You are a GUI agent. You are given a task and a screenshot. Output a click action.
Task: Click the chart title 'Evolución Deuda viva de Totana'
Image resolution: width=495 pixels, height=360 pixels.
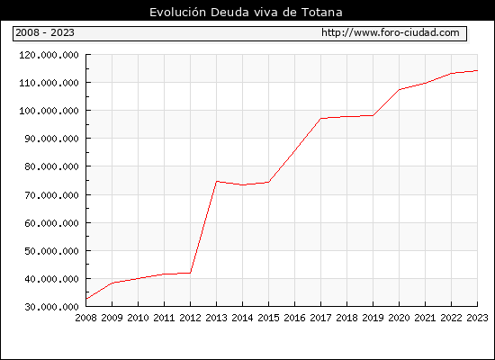coord(246,12)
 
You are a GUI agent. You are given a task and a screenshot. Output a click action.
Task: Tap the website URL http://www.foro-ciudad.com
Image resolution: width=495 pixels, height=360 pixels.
coord(391,32)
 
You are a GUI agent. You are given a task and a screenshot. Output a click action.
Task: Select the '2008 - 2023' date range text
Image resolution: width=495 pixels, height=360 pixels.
coord(45,32)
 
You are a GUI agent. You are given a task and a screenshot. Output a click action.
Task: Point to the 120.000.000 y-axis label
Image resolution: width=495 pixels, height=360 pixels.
coord(49,55)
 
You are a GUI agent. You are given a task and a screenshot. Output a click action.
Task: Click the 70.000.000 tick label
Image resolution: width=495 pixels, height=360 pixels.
coord(51,195)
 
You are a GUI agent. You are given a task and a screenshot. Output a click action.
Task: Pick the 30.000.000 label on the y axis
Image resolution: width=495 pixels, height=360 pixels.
coord(51,307)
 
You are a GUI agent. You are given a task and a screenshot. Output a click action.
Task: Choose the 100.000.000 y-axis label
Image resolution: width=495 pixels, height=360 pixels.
coord(49,111)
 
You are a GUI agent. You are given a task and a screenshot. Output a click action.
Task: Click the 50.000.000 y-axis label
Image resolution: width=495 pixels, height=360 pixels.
coord(51,251)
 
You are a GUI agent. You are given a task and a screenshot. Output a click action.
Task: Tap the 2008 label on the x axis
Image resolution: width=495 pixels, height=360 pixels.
coord(85,318)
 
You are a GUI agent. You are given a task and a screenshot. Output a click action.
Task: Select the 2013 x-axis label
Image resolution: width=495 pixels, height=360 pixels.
coord(216,318)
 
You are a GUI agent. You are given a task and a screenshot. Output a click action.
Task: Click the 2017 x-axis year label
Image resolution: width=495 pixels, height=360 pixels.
coord(320,318)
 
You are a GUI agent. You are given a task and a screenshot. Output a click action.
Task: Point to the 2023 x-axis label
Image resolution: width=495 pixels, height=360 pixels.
coord(477,318)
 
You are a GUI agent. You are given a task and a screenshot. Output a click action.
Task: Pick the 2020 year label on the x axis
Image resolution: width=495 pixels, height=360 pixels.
coord(399,318)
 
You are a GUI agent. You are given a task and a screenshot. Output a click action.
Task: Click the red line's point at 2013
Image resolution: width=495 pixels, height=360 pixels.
coord(217,181)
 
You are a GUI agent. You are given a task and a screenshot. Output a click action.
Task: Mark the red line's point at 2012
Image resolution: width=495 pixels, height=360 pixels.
coord(191,273)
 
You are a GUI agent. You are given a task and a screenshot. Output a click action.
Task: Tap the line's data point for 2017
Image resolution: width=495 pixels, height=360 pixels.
coord(320,119)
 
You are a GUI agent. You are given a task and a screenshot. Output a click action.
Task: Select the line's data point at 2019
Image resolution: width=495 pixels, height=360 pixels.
coord(373,115)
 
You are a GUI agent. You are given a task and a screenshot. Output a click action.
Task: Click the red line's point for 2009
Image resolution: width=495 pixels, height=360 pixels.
coord(112,283)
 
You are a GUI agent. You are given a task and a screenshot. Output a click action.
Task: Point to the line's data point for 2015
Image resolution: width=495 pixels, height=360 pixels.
coord(269,182)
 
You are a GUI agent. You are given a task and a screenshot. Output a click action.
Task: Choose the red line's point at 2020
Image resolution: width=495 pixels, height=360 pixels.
coord(400,90)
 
